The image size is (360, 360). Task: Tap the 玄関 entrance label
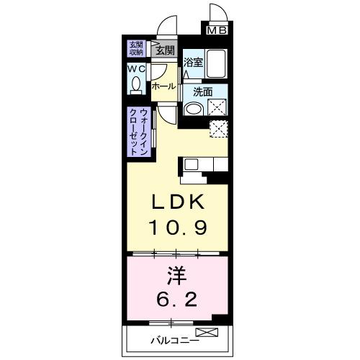(x=164, y=50)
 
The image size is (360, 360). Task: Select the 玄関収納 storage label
(x=136, y=48)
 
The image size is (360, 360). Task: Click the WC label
(x=136, y=69)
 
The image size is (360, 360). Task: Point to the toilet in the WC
(x=135, y=86)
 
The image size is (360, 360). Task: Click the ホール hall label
(x=163, y=86)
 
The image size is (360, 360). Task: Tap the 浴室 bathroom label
(x=192, y=63)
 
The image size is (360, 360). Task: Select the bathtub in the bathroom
(x=216, y=65)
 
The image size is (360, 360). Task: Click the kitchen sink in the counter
(x=192, y=164)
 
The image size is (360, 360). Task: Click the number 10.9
(x=179, y=229)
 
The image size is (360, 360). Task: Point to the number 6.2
(x=179, y=299)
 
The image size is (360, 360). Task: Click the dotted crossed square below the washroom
(x=219, y=130)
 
